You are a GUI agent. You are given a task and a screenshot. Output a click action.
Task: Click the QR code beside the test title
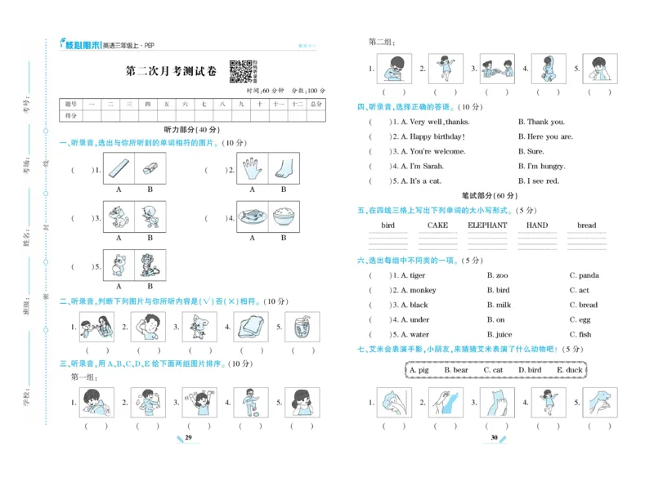point(240,71)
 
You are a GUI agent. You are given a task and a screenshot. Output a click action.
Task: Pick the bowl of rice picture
point(284,216)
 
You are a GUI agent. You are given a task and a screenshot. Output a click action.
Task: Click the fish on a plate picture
point(253,216)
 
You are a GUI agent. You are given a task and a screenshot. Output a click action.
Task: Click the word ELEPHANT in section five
point(487,225)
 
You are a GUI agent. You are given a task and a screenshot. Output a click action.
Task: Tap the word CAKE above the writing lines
point(437,225)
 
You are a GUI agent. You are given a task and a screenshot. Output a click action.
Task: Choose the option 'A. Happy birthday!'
point(432,136)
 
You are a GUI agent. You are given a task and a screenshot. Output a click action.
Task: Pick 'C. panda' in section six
point(584,275)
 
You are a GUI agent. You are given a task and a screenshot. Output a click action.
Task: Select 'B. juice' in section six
point(499,334)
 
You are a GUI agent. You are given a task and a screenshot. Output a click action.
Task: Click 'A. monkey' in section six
point(419,290)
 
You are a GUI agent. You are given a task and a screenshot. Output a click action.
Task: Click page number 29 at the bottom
point(188,439)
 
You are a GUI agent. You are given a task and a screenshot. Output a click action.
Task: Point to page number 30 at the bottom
point(494,439)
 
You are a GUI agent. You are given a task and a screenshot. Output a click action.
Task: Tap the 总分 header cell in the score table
point(316,105)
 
